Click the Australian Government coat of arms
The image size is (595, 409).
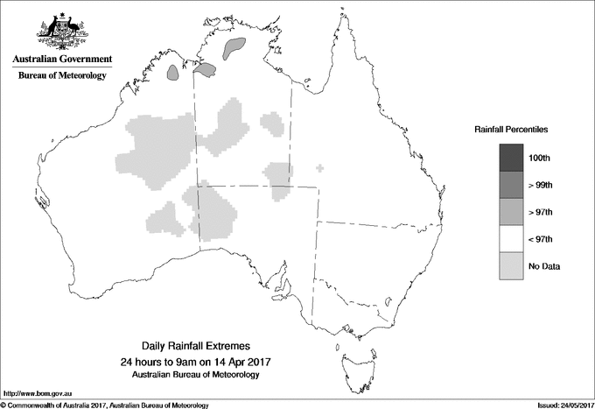click(62, 32)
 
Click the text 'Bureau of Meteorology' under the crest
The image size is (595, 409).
click(62, 76)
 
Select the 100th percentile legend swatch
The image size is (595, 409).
click(512, 158)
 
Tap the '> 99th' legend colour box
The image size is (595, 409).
click(512, 185)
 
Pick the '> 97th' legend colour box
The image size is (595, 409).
click(512, 212)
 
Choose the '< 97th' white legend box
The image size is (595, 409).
click(512, 239)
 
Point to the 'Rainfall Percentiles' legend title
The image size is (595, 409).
click(511, 129)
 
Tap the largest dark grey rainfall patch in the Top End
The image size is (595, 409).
click(235, 47)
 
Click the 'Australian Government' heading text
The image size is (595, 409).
click(62, 60)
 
